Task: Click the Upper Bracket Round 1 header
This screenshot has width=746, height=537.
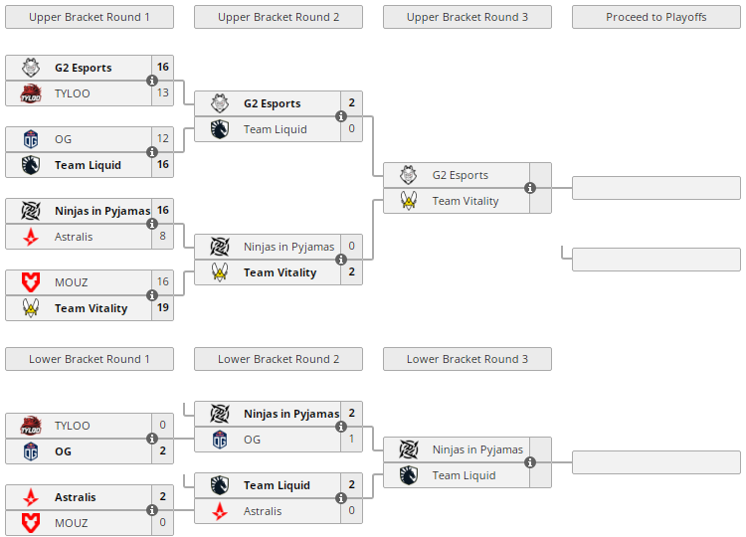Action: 90,17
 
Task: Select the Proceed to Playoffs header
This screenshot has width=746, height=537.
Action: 656,17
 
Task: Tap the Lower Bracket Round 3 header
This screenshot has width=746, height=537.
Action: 467,359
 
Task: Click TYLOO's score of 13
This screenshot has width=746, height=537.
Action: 163,93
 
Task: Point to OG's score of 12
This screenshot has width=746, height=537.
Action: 163,139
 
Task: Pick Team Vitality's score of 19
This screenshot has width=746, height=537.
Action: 163,308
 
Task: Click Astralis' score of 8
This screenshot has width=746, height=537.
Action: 163,237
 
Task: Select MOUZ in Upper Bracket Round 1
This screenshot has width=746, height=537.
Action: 72,282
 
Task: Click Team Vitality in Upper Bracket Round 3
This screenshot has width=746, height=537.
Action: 466,201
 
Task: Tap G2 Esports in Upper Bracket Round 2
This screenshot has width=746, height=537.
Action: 272,103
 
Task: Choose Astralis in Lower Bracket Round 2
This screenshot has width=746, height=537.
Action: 263,511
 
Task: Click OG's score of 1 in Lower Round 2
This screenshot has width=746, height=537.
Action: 352,440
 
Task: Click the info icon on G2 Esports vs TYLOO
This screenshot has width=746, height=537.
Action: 152,81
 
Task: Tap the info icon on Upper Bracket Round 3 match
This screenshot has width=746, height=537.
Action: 530,188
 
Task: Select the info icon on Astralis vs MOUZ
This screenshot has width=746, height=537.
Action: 152,510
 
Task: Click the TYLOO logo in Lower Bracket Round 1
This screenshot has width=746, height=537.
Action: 30,426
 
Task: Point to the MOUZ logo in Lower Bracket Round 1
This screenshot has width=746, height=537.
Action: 30,523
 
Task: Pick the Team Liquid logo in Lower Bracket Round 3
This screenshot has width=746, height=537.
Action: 408,475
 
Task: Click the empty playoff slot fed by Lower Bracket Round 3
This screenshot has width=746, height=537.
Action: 656,462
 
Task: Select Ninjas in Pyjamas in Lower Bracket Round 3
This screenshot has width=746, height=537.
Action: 477,449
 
